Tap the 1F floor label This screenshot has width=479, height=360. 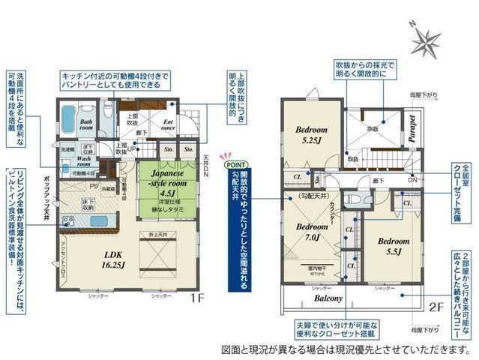tap(196, 295)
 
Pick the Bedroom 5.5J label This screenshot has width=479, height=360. tap(393, 247)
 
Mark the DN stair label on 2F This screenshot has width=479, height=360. tap(412, 181)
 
